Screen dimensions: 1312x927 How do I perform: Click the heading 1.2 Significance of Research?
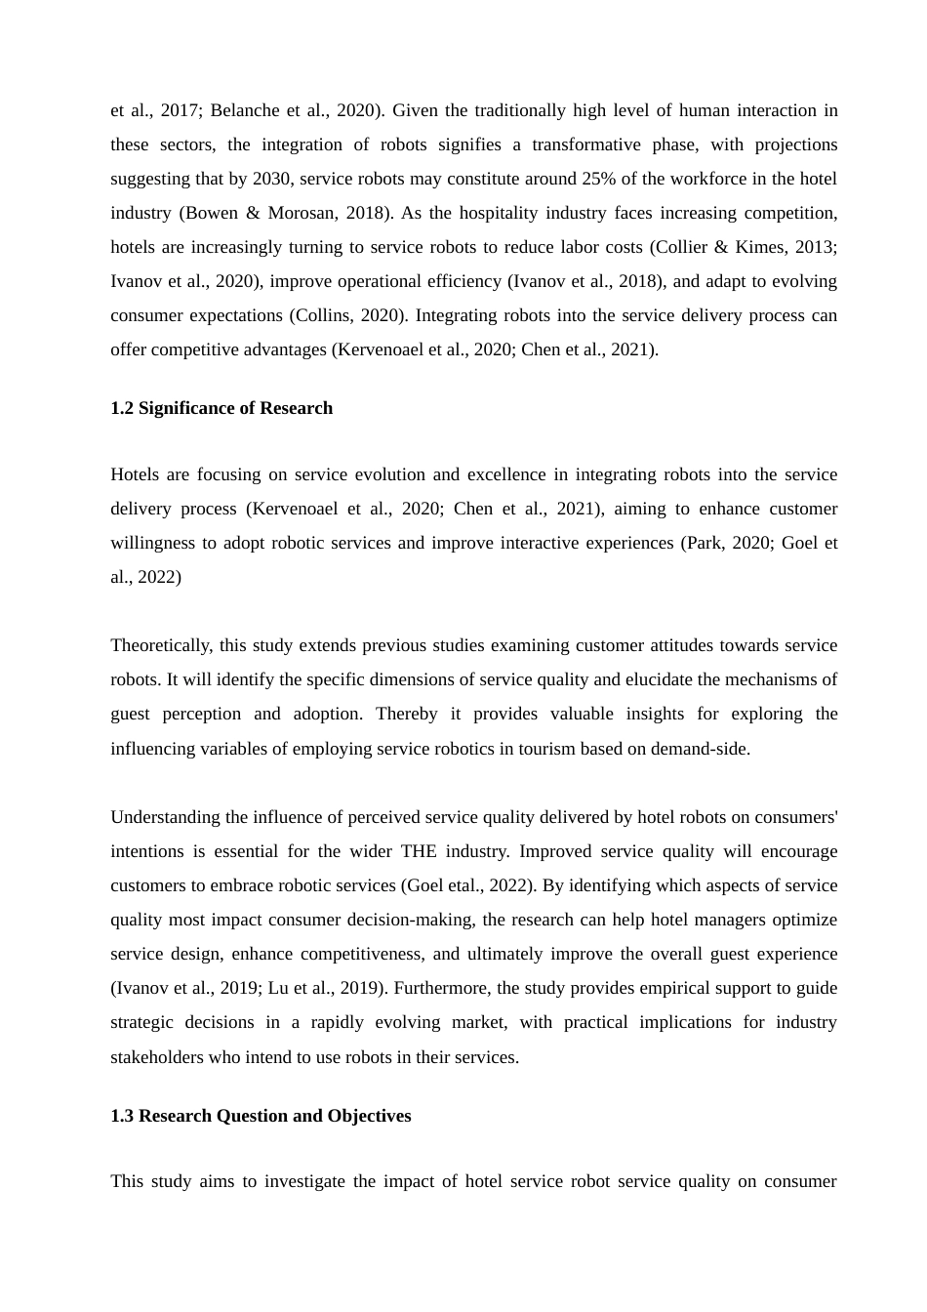222,408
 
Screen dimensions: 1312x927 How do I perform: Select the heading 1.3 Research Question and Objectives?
261,1116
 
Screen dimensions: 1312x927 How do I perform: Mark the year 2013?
817,247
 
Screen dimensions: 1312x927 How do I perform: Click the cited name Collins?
322,315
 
